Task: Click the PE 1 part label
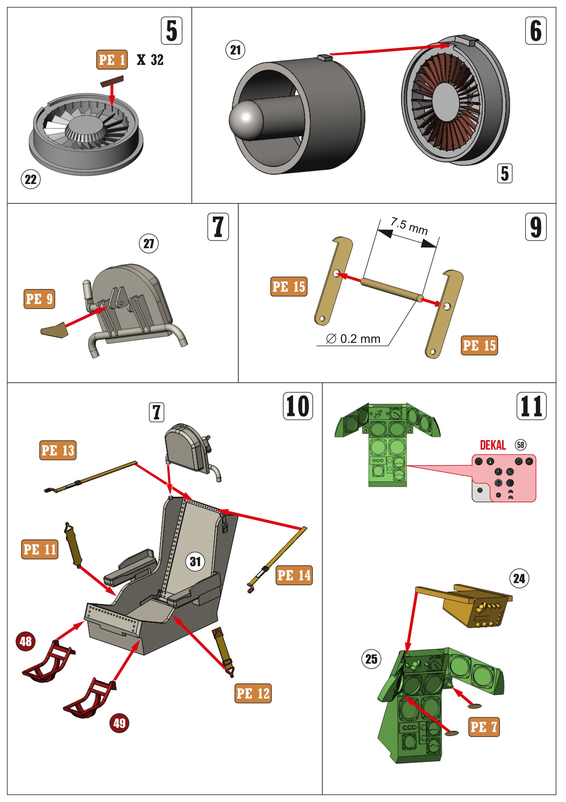coord(112,60)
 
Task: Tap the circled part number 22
coord(31,180)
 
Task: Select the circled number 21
coord(235,50)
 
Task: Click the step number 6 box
coord(536,30)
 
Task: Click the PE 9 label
coord(39,299)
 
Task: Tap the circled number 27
coord(149,244)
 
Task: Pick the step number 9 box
coord(536,227)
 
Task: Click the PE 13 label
coord(58,450)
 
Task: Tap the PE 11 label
coord(39,549)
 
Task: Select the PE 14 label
coord(294,575)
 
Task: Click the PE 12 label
coord(253,693)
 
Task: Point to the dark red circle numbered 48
coord(26,641)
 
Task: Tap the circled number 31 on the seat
coord(195,562)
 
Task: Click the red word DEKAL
coord(493,445)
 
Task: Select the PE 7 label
coord(483,727)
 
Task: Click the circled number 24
coord(519,578)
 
